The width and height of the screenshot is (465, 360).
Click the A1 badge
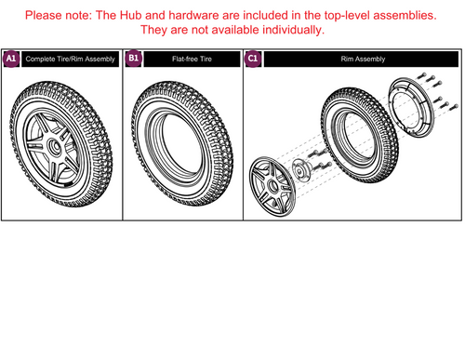11,59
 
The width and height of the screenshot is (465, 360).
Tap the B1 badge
134,59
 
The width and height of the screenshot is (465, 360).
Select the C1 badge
253,59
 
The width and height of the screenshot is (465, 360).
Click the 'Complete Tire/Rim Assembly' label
71,60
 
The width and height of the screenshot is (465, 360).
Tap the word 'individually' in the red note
281,31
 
